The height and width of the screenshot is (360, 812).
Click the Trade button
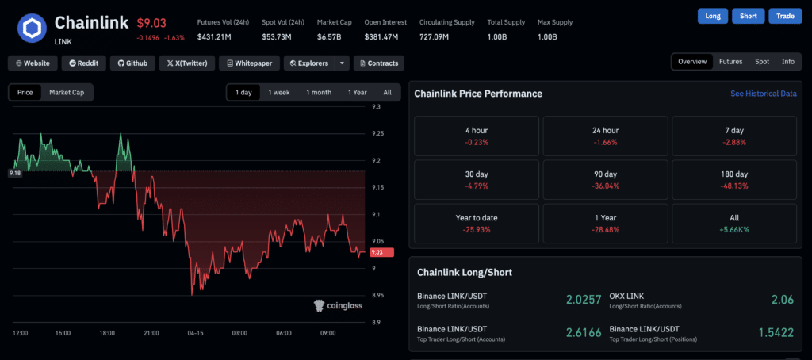(x=787, y=16)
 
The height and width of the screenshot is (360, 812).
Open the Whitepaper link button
(x=249, y=63)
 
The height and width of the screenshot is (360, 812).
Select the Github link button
(x=132, y=63)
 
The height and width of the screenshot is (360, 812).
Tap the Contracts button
(x=379, y=63)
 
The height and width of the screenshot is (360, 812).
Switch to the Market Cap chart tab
(x=67, y=92)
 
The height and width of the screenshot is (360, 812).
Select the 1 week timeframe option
(x=279, y=92)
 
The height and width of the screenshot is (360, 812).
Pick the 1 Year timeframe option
(x=357, y=92)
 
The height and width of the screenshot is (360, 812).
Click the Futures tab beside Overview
(x=730, y=61)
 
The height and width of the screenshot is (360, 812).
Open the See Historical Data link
(x=763, y=94)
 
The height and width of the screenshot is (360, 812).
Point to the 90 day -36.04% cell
(x=605, y=179)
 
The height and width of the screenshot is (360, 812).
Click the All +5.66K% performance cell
(x=733, y=223)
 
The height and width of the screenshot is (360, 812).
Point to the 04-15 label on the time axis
(x=196, y=333)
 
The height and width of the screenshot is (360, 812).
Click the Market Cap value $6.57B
(x=329, y=36)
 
